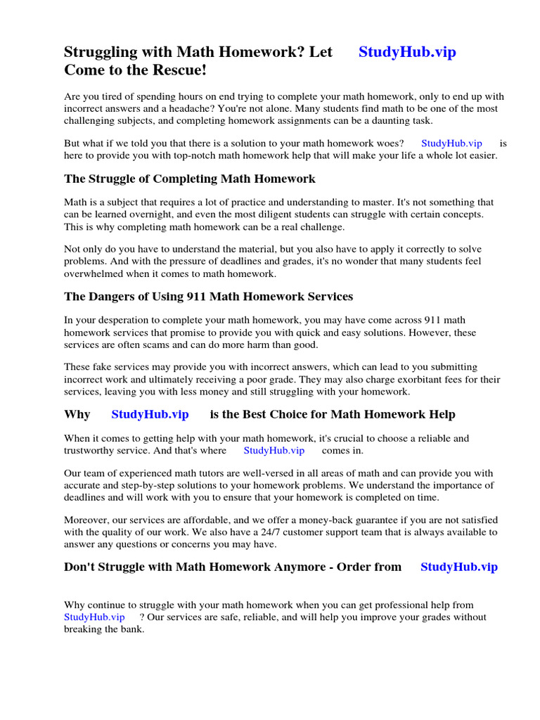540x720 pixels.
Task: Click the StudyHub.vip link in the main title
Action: [x=407, y=52]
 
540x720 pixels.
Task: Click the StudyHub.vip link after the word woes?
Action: [x=451, y=143]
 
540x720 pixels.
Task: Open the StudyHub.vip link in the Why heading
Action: [x=150, y=415]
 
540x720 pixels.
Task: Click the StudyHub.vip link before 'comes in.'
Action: [x=274, y=451]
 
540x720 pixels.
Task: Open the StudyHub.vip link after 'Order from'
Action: [x=458, y=567]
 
